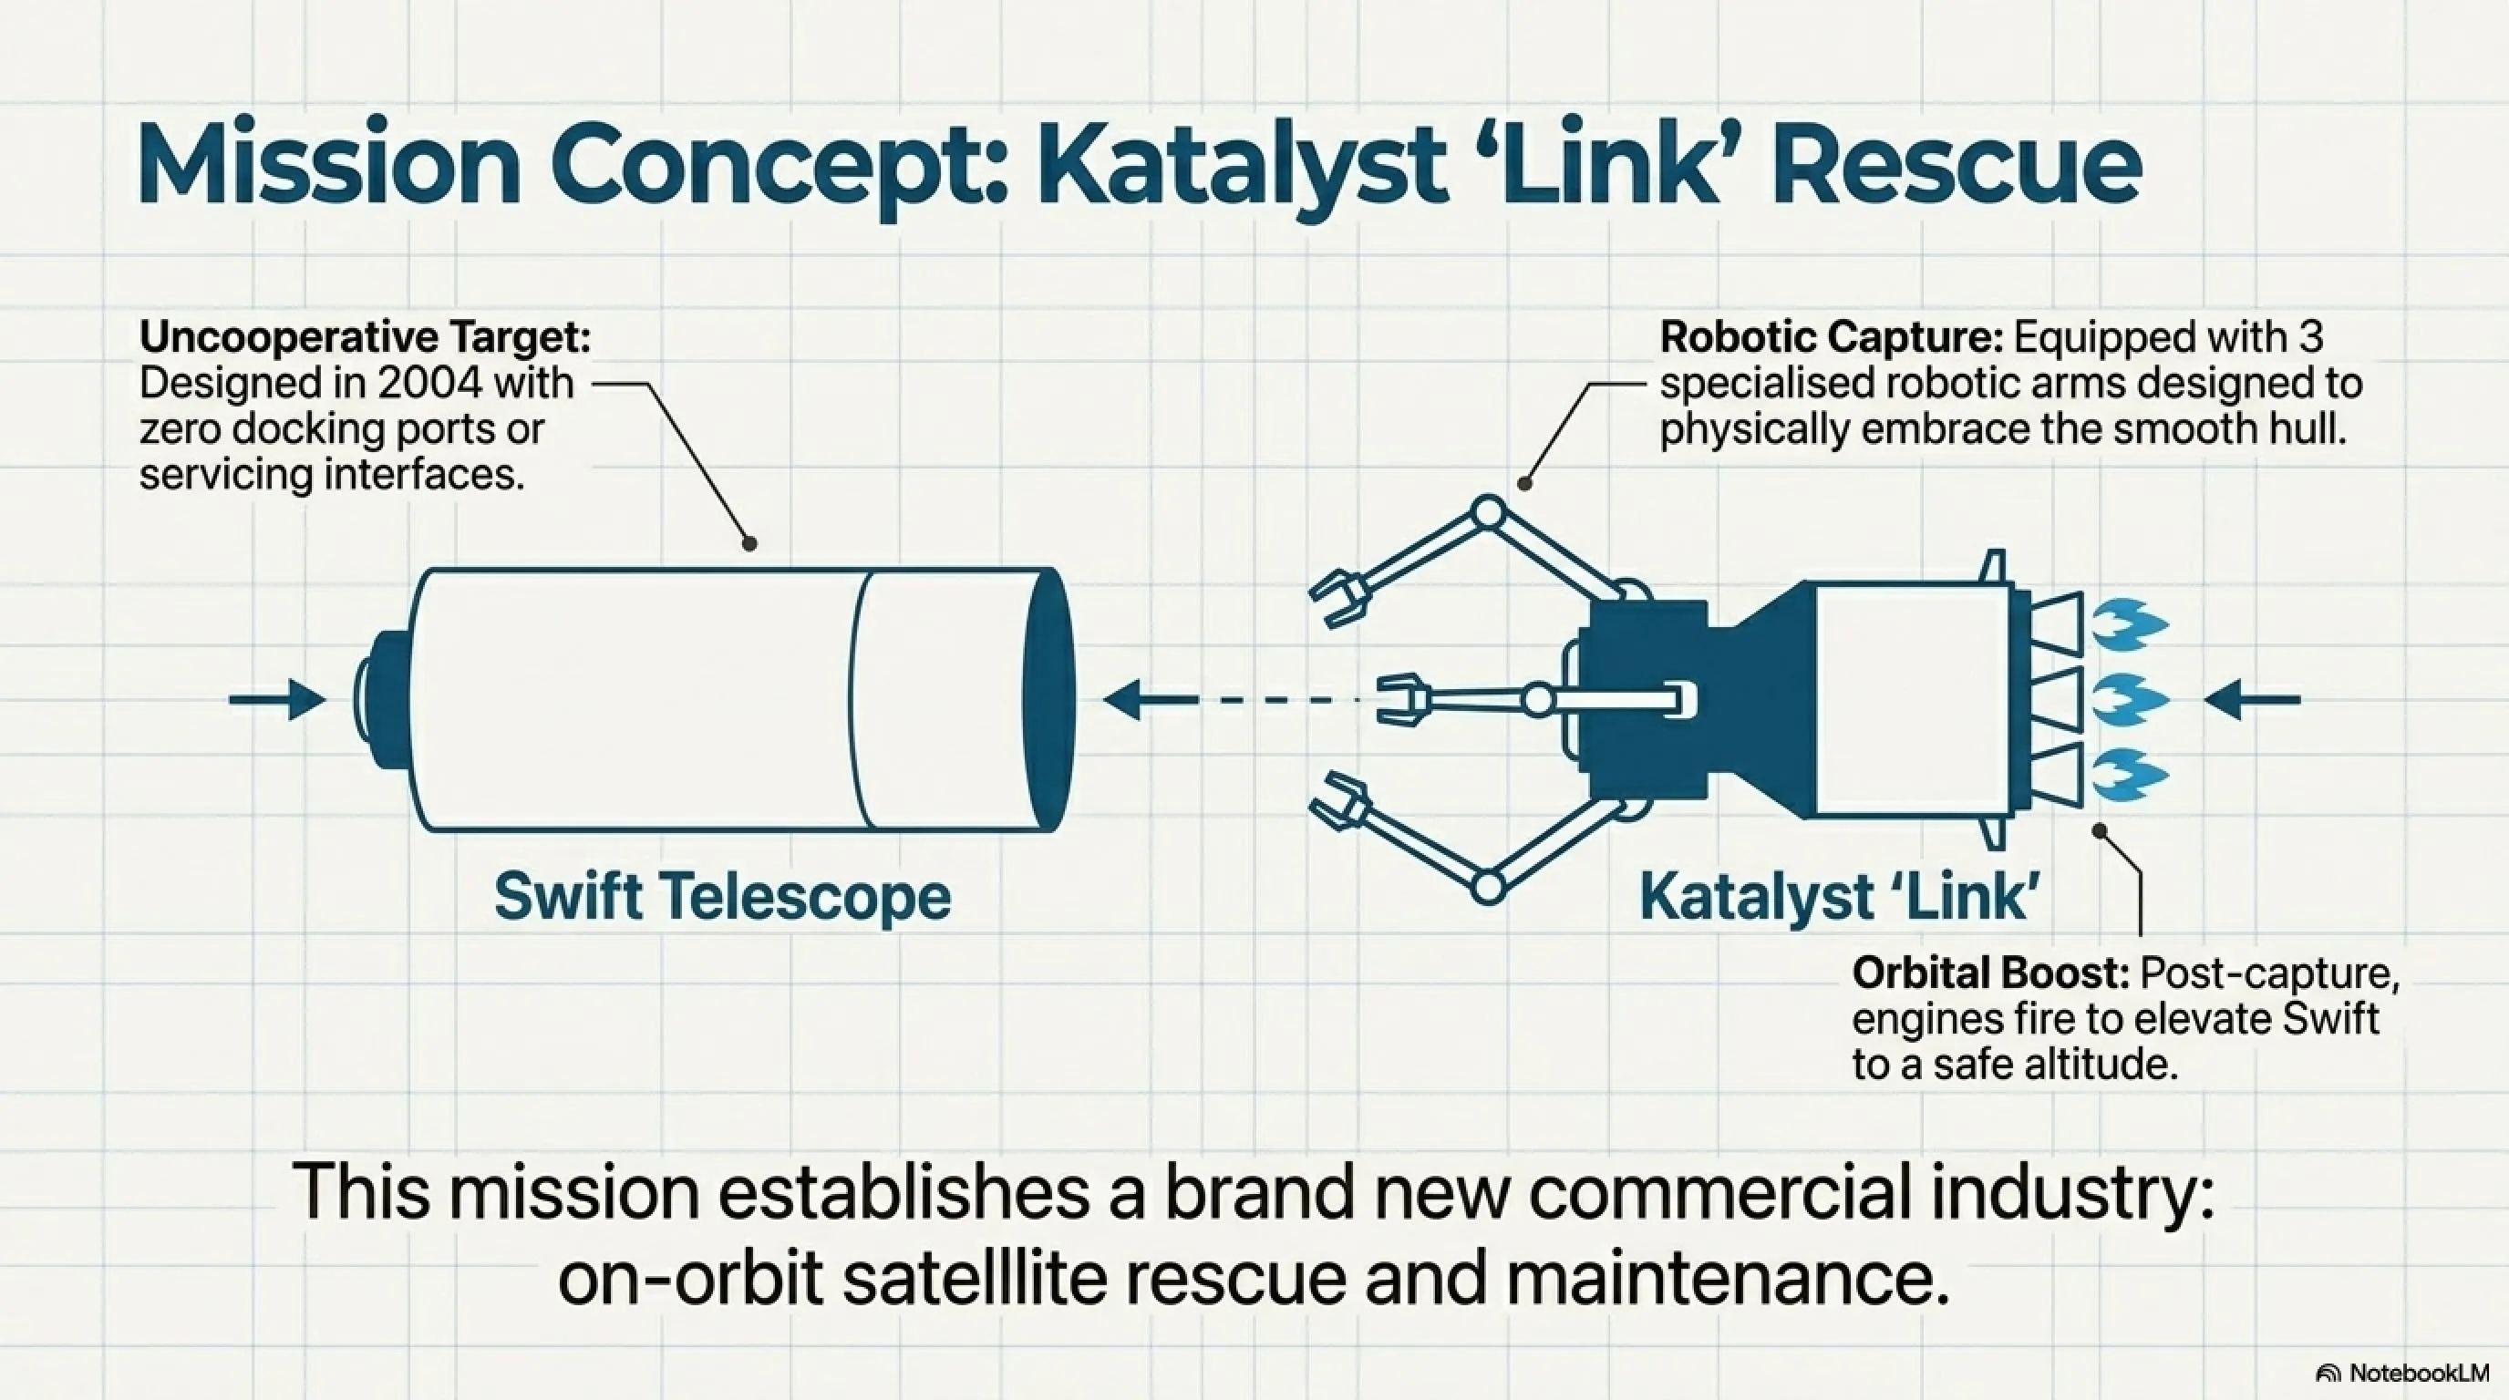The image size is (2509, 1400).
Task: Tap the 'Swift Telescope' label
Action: point(723,896)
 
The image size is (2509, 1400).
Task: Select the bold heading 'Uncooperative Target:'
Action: point(366,338)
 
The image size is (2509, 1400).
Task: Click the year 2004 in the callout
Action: point(429,384)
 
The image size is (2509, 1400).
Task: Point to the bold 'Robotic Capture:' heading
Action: point(1831,338)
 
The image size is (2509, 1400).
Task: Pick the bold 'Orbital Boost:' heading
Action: point(1992,973)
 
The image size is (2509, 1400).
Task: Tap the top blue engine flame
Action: point(2130,624)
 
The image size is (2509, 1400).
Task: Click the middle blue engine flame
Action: point(2130,700)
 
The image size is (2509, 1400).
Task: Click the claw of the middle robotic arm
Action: point(1402,700)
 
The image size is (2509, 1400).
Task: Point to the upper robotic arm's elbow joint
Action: point(1488,511)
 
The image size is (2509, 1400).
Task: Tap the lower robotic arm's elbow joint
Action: point(1488,887)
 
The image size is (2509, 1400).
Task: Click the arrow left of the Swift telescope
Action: point(277,699)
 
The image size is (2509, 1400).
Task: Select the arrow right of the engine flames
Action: point(2252,699)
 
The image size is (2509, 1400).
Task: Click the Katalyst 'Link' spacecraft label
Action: point(1840,896)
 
